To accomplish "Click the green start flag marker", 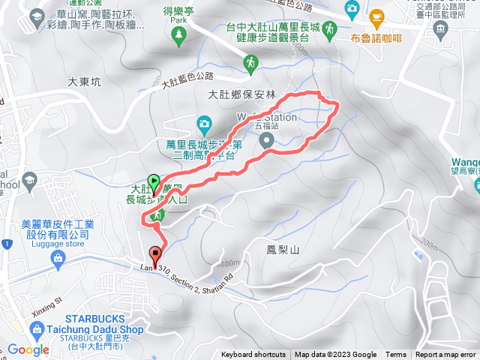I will pyautogui.click(x=154, y=181).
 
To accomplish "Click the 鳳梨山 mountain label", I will pyautogui.click(x=283, y=249).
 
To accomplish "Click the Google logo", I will pyautogui.click(x=28, y=349).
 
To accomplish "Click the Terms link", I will pyautogui.click(x=396, y=355).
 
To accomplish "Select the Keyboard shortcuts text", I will pyautogui.click(x=254, y=355).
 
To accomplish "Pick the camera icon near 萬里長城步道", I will pyautogui.click(x=204, y=122).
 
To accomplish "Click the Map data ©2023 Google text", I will pyautogui.click(x=335, y=355).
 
